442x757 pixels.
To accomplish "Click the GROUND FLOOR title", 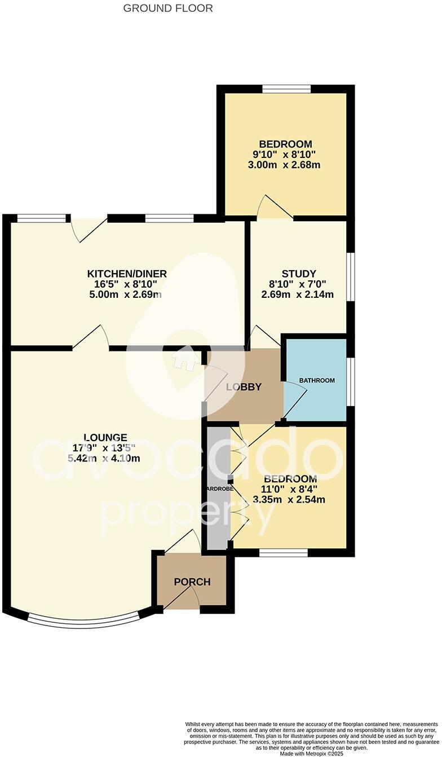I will click(x=168, y=8).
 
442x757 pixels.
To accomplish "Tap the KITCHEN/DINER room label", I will click(x=127, y=274).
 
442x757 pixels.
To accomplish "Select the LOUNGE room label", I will click(x=105, y=437).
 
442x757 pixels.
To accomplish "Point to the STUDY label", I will click(x=299, y=274).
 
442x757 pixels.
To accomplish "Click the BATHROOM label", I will click(x=317, y=380).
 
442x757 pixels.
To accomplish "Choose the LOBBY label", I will click(x=244, y=387).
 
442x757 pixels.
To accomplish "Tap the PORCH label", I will click(x=192, y=582).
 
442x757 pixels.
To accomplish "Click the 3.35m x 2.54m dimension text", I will click(x=289, y=499).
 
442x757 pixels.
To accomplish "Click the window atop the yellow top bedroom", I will click(x=286, y=89).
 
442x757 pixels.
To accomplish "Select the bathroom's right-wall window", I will click(x=350, y=381).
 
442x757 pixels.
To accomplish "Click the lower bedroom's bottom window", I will click(x=284, y=552).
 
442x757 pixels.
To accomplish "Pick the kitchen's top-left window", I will click(x=41, y=218).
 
